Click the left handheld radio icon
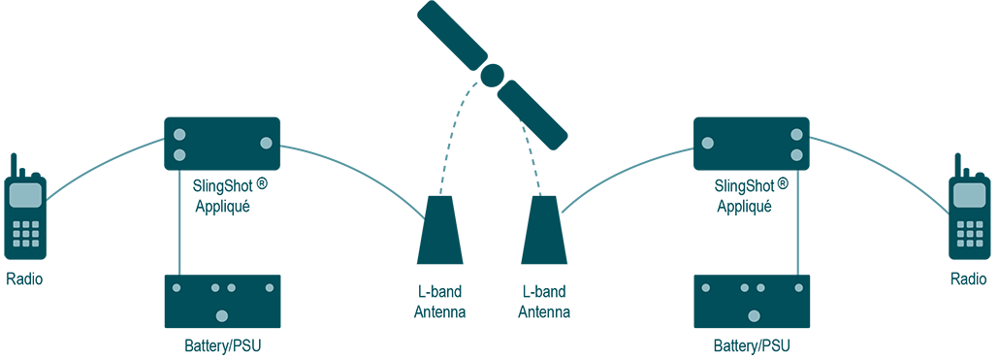point(25,217)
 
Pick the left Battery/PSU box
point(222,301)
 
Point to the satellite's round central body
point(493,75)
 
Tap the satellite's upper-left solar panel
point(450,33)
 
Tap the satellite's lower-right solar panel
point(532,115)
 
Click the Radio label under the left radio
point(24,279)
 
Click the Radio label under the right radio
point(969,279)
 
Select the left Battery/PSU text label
point(222,345)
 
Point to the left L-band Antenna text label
point(439,302)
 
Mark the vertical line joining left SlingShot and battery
point(180,223)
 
